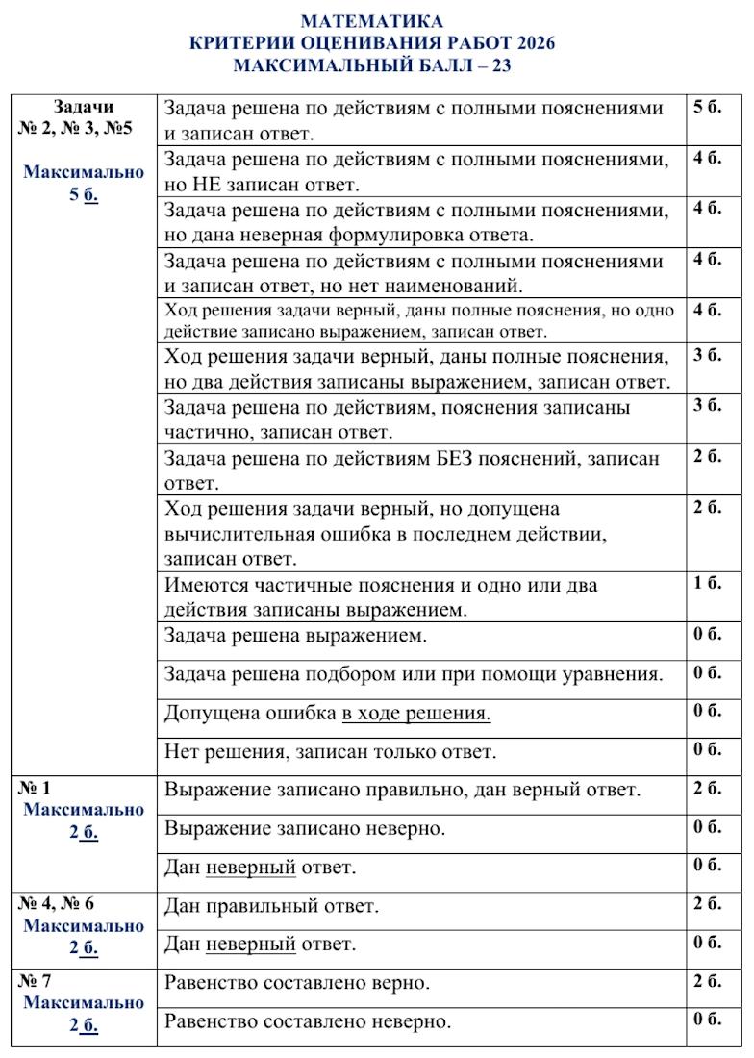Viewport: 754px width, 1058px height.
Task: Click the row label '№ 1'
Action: click(x=35, y=788)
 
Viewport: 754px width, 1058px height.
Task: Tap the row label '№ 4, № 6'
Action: click(x=57, y=903)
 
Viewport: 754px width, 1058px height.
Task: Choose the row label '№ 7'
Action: click(x=35, y=980)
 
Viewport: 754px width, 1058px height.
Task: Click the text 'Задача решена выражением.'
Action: click(x=295, y=636)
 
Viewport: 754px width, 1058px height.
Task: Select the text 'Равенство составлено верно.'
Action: click(x=296, y=983)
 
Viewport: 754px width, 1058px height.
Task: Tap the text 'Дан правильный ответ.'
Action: click(x=271, y=906)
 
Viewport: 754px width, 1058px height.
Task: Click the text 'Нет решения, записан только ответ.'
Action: click(x=331, y=752)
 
